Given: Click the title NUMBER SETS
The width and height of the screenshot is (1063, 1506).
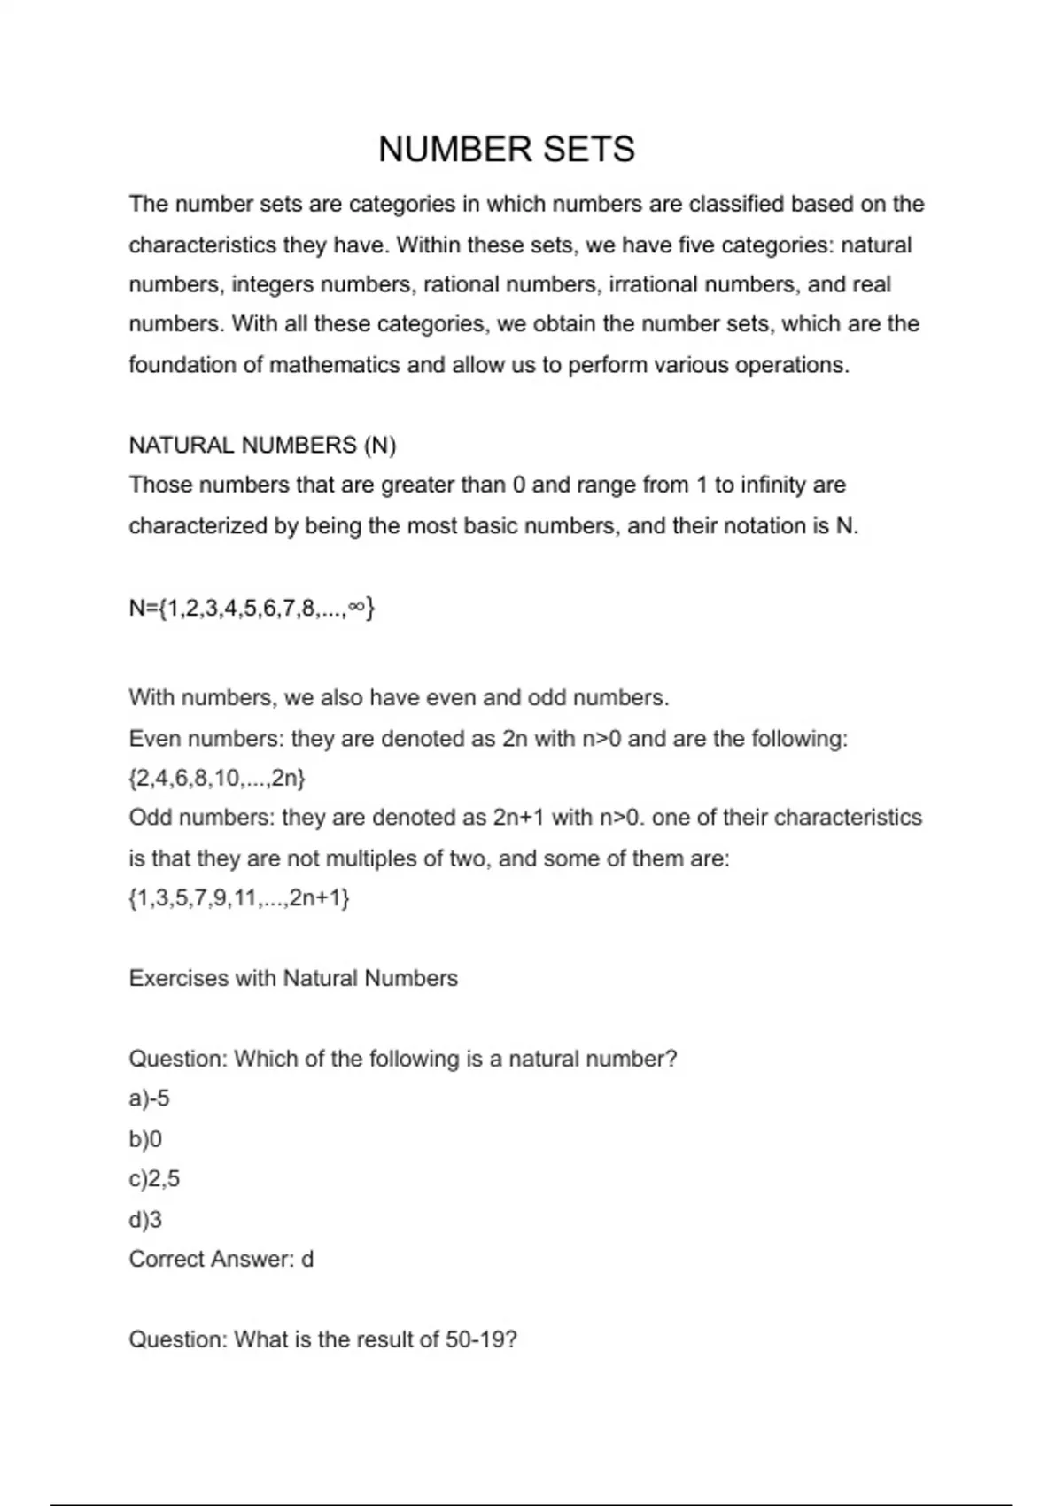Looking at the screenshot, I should (506, 149).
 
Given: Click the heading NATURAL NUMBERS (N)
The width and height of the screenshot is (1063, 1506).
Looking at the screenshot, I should (262, 445).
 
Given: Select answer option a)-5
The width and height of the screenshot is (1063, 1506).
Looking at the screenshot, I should (149, 1098).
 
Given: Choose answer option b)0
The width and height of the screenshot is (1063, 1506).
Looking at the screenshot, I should (145, 1139).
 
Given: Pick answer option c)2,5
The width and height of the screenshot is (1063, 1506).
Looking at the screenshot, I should (154, 1179).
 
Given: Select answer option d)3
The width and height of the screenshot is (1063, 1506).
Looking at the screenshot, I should (145, 1220).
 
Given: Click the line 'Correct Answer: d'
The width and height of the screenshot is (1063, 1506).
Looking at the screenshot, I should (221, 1260).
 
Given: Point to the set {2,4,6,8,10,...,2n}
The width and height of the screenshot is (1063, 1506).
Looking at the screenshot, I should (217, 779).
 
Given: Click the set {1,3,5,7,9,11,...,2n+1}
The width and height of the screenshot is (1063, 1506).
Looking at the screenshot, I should (239, 898).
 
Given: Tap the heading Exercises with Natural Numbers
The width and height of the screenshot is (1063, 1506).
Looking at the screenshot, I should (293, 979).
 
